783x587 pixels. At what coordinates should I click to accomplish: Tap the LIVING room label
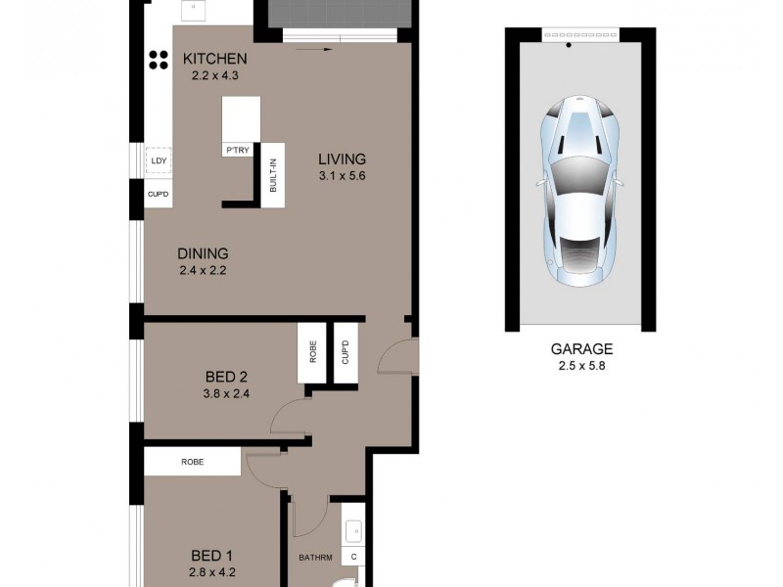tap(342, 159)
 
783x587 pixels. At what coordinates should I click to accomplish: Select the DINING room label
tap(203, 253)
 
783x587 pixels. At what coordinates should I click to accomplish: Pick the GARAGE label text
tap(580, 348)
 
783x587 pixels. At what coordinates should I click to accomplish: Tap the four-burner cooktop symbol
tap(158, 61)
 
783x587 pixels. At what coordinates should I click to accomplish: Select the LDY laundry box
tap(158, 160)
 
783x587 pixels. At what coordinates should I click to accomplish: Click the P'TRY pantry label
tap(237, 150)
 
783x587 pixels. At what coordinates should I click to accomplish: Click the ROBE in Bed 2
tap(313, 353)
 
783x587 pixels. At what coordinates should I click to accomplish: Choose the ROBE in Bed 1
tap(192, 462)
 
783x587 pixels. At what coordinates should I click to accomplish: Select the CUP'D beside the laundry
tap(158, 194)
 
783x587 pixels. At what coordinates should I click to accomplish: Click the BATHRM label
tap(316, 559)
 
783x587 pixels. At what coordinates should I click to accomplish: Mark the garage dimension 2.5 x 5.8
tap(580, 367)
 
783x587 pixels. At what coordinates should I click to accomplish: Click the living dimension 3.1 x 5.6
tap(342, 177)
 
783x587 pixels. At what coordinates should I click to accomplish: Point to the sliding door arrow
tap(313, 46)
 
